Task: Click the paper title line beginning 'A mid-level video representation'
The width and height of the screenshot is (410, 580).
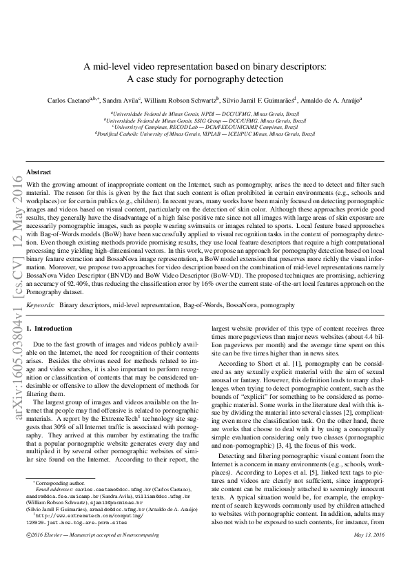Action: [x=205, y=67]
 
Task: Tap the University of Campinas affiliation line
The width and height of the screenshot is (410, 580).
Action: [x=205, y=127]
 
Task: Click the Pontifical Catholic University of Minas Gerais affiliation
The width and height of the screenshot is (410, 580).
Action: [x=205, y=134]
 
